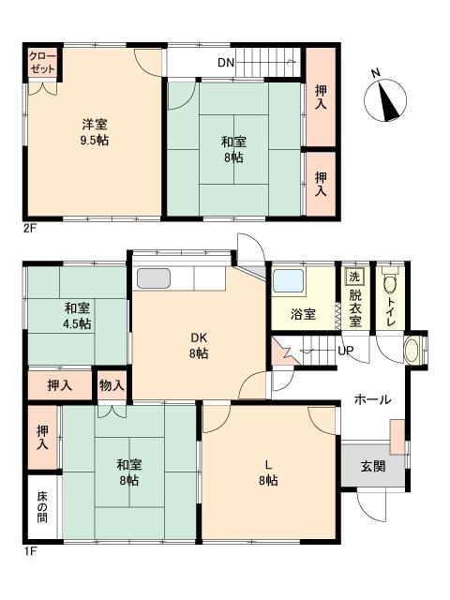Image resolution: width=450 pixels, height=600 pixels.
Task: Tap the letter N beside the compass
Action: pos(375,73)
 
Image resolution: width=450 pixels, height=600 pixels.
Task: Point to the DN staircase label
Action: pos(225,63)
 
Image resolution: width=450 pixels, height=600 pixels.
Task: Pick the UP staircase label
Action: pos(345,351)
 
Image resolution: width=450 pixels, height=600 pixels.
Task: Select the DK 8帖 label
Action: pos(199,346)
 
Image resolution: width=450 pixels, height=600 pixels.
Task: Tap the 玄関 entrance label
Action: pos(372,466)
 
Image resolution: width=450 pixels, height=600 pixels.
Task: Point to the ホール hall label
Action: pos(372,400)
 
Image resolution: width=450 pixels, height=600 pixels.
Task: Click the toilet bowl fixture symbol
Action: pos(391,286)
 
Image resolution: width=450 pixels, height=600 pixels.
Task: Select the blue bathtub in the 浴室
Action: pos(289,281)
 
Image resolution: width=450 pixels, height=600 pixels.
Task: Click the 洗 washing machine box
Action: pos(353,277)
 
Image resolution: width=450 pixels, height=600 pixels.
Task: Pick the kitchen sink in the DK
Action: pos(154,278)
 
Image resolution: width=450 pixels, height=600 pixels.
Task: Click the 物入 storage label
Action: pos(112,384)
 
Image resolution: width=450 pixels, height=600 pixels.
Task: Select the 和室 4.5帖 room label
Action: pos(77,316)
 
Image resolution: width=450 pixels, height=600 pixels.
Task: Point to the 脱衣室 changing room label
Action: pos(354,307)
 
